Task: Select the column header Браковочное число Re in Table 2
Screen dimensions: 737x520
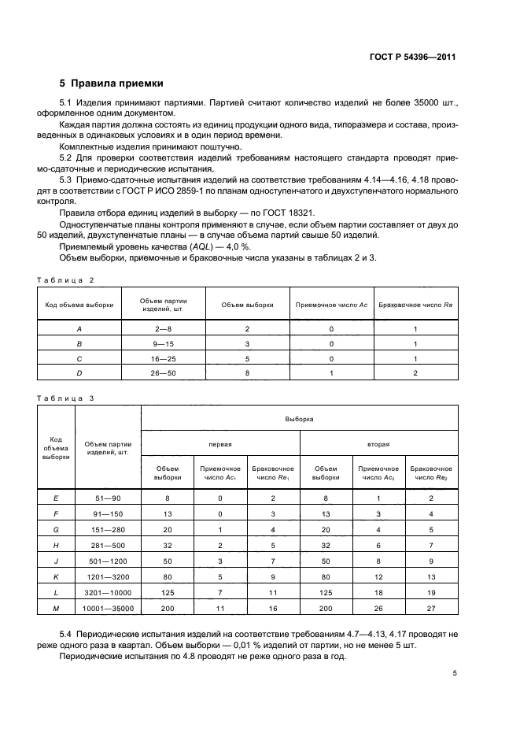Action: [x=415, y=304]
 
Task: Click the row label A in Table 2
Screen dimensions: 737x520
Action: [x=79, y=328]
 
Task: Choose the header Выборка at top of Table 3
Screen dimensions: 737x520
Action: [x=299, y=419]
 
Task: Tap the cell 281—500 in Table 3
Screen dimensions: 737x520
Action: [x=108, y=544]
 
